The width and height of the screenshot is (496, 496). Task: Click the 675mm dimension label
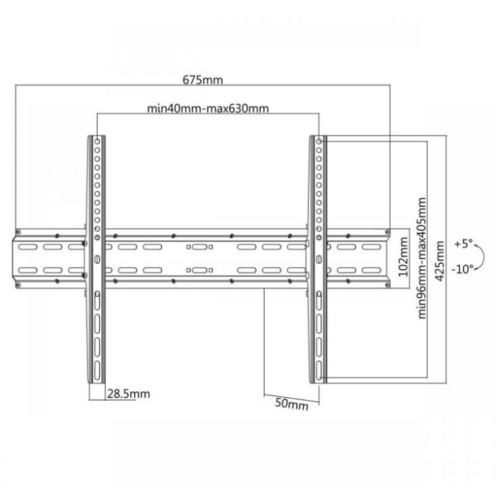tap(202, 80)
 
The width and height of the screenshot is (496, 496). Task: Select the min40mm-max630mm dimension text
tap(208, 109)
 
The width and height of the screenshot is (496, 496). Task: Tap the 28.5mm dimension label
tap(128, 394)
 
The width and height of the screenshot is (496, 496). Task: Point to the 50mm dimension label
tap(292, 404)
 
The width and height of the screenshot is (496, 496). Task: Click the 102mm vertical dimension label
tap(403, 257)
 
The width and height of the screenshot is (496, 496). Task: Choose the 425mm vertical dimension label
tap(440, 260)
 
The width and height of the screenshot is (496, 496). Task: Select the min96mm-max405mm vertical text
tap(422, 258)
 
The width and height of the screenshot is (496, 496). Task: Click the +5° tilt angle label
tap(464, 244)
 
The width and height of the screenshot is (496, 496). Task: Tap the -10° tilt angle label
tap(462, 269)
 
